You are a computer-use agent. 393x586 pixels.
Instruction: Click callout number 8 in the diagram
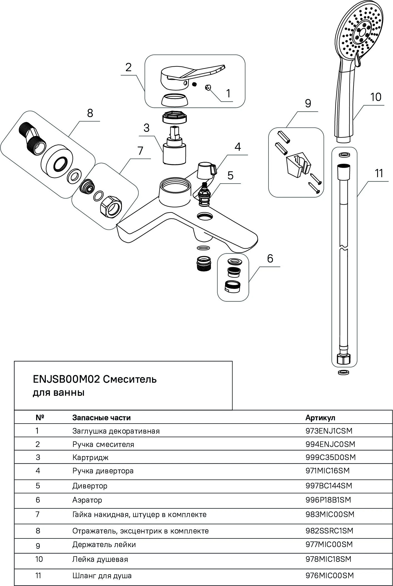pos(90,113)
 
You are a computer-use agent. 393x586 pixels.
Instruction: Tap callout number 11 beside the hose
pos(379,173)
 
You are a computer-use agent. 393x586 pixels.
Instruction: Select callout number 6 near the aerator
pos(270,258)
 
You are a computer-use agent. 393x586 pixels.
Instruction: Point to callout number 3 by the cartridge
pos(146,128)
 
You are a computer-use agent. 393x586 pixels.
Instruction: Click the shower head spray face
pos(361,33)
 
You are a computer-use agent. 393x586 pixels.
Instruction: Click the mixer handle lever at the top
pos(192,73)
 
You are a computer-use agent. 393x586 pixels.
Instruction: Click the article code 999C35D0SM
pos(330,457)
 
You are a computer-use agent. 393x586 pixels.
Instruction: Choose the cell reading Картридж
pos(90,457)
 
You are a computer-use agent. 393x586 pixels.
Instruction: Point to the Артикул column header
pos(320,417)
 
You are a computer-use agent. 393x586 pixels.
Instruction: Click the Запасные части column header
pos(101,417)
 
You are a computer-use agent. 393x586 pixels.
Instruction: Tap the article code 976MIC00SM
pos(330,575)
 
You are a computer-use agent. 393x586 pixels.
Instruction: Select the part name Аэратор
pos(87,500)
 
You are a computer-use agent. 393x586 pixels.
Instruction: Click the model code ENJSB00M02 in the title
pos(66,379)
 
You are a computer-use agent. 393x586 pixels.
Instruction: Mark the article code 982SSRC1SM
pos(329,531)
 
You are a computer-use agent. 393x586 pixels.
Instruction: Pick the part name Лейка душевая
pos(100,559)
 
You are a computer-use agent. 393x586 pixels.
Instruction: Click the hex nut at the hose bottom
pos(344,359)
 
